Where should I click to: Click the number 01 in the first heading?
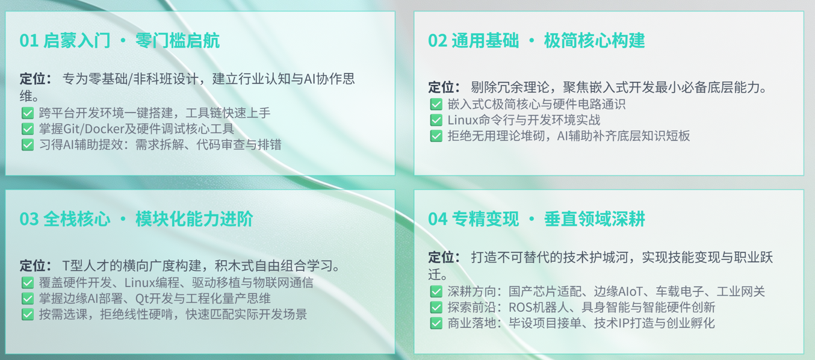coord(29,40)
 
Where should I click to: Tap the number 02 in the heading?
coord(438,40)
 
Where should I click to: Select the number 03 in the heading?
coord(29,219)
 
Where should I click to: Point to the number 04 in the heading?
coord(438,219)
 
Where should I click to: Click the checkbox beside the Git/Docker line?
coord(28,129)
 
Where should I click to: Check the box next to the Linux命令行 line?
coord(436,120)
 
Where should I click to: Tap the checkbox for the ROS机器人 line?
coord(436,307)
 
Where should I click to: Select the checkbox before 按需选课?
coord(28,314)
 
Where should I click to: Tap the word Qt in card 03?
coord(141,299)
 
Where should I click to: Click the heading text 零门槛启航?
coord(178,40)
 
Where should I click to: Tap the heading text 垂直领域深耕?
coord(595,219)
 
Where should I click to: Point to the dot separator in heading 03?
coord(123,219)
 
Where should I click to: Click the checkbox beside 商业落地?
coord(436,323)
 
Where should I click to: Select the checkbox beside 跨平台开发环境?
coord(28,113)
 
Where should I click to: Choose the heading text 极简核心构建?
coord(595,40)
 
